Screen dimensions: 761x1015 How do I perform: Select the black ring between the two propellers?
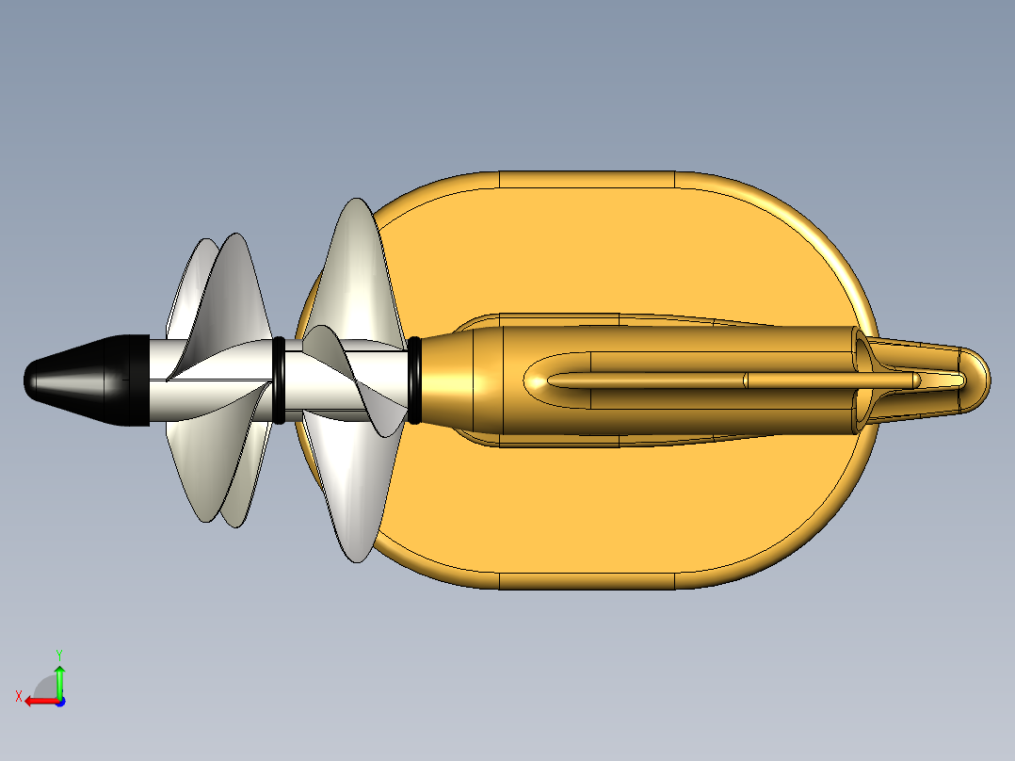pyautogui.click(x=279, y=380)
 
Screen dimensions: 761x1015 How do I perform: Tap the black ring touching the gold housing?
pyautogui.click(x=414, y=380)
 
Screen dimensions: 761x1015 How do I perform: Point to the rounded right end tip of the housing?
pyautogui.click(x=979, y=380)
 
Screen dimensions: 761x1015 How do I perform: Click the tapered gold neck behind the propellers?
pyautogui.click(x=452, y=380)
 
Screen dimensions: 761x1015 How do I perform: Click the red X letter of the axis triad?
pyautogui.click(x=18, y=696)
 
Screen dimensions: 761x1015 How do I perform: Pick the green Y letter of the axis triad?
pyautogui.click(x=58, y=653)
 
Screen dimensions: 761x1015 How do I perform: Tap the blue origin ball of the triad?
pyautogui.click(x=59, y=701)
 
